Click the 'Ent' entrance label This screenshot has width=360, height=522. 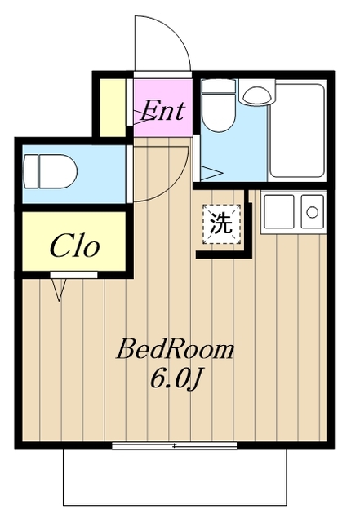click(163, 109)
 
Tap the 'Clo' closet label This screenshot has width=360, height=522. click(75, 246)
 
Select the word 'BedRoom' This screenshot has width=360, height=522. click(175, 351)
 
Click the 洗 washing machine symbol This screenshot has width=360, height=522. click(222, 223)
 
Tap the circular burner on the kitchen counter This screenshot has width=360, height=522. click(313, 212)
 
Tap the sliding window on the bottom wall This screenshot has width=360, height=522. click(174, 445)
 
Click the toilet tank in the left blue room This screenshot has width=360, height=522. click(31, 173)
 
